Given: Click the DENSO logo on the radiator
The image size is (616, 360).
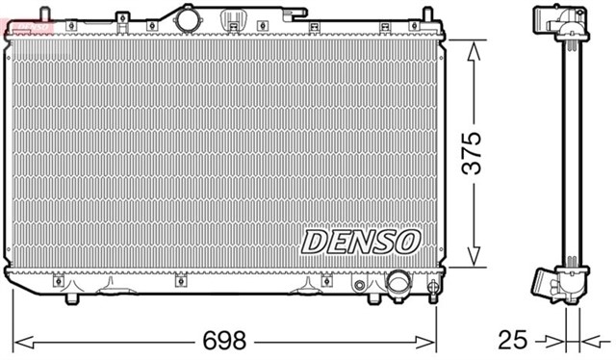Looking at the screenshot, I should coord(360,242).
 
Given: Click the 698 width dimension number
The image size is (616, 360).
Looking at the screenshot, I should coord(222,341).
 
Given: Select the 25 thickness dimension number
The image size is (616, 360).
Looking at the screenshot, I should coord(514,341).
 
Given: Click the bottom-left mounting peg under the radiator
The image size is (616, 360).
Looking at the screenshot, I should coord(70,296).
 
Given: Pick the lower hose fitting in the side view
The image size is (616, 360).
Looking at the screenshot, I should coord(543,283).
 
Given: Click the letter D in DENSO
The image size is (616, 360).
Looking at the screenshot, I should coord(315,242).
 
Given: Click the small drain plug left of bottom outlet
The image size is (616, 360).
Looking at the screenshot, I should coord(359,285).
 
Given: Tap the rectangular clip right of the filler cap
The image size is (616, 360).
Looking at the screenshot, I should coord(233,19).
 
